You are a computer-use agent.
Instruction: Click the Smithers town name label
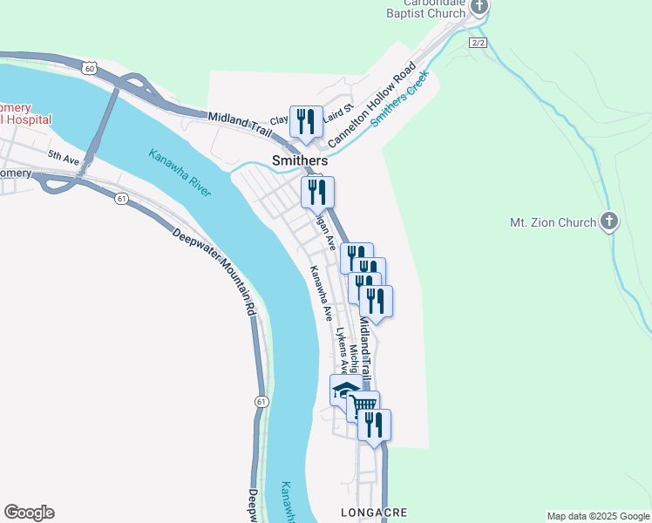[x=300, y=161]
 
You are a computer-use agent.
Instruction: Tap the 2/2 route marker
[x=478, y=42]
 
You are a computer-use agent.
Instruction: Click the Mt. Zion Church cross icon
[x=609, y=221]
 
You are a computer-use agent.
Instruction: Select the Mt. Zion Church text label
[x=553, y=222]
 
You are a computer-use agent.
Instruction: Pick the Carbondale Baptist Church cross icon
[x=479, y=6]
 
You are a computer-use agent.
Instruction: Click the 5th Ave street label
[x=63, y=156]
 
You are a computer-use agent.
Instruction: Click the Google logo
[x=29, y=513]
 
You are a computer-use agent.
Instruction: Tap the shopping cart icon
[x=363, y=405]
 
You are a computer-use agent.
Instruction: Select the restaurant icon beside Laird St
[x=306, y=121]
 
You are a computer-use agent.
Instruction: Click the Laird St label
[x=336, y=112]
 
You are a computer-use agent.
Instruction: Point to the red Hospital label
[x=26, y=119]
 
